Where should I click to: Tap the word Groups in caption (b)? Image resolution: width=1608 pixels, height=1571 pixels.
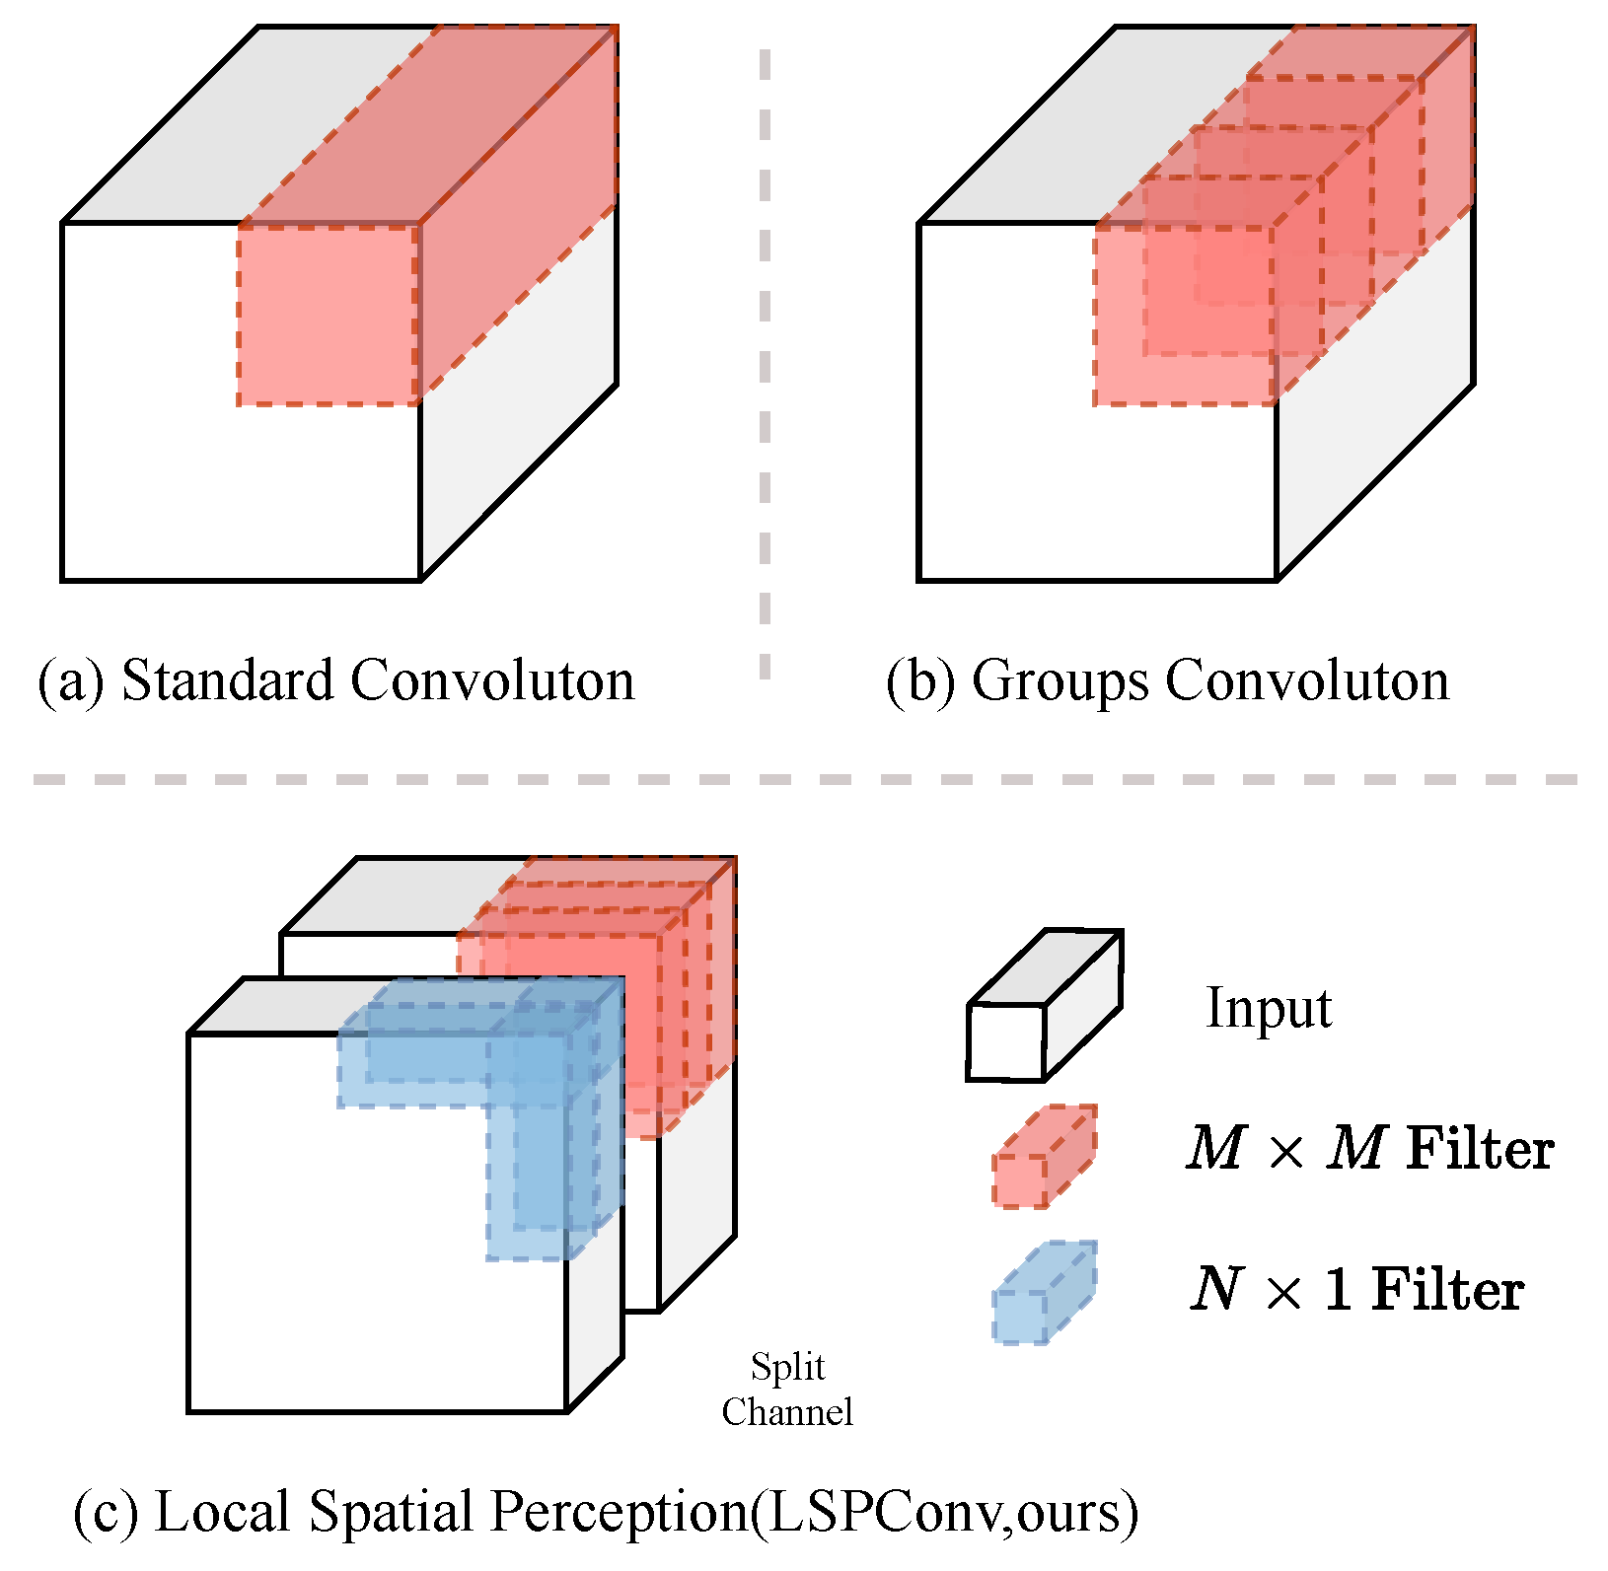point(1060,682)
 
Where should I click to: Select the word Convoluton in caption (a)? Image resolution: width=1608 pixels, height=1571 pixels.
point(492,680)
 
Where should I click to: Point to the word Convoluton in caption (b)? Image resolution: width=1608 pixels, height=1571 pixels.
point(1307,680)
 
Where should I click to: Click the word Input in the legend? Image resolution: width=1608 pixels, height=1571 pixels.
point(1269,1008)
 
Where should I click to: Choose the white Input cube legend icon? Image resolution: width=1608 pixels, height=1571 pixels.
point(1043,1006)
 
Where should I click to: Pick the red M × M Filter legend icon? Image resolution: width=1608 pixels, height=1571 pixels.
point(1044,1157)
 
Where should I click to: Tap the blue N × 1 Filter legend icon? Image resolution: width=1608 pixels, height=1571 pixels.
point(1044,1293)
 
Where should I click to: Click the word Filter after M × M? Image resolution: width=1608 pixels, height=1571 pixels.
point(1480,1149)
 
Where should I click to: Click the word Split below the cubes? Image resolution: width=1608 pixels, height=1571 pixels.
point(787,1368)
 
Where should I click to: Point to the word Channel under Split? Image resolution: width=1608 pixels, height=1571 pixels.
point(787,1412)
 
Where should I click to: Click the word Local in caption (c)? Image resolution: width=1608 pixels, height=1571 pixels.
point(224,1511)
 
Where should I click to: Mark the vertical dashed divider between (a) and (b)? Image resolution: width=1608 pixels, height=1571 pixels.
point(765,365)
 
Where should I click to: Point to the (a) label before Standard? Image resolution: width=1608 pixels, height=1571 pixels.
point(70,682)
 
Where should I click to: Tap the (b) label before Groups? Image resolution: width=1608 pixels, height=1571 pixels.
point(920,682)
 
